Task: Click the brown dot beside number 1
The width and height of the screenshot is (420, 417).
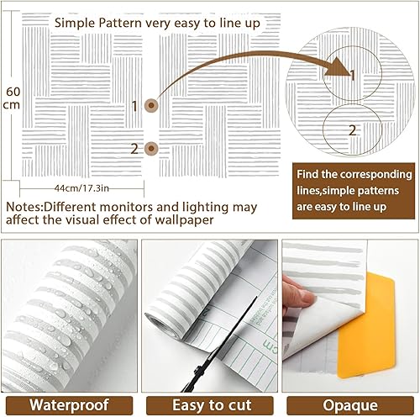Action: [151, 106]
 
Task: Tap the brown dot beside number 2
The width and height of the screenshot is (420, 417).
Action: [151, 149]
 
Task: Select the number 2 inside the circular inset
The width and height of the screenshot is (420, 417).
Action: [353, 129]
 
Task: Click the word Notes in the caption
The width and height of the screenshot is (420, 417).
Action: [24, 207]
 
